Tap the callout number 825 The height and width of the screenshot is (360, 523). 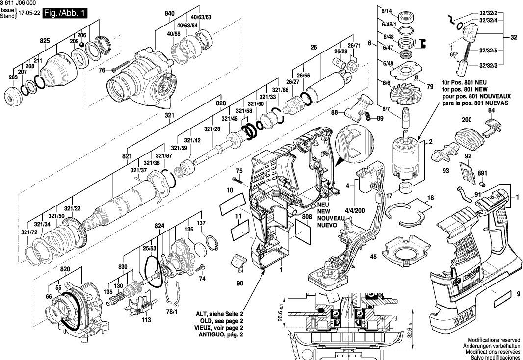[x=45, y=41]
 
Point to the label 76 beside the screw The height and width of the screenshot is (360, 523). [x=102, y=71]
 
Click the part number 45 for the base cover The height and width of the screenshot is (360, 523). [x=373, y=257]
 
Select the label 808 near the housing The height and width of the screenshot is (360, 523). [x=306, y=216]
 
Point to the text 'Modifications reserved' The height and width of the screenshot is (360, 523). [x=494, y=340]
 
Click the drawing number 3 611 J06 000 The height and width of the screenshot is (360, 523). [x=18, y=3]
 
